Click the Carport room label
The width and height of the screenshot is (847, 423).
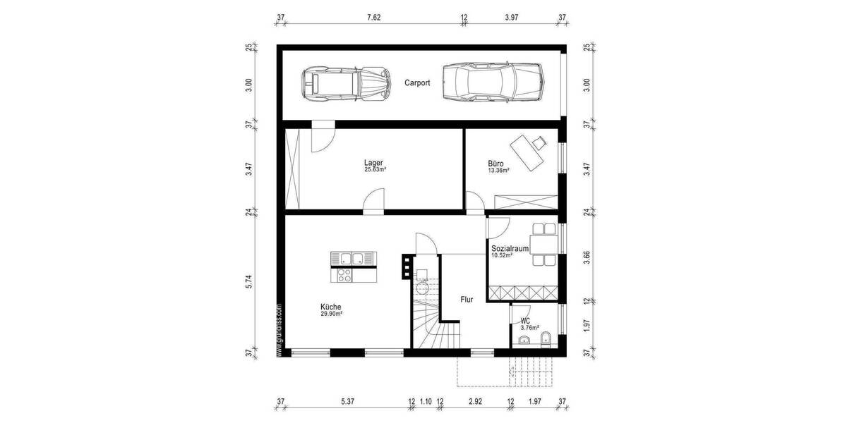click(x=417, y=82)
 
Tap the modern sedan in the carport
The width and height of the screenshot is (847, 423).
click(x=493, y=82)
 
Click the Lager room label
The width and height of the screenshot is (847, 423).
click(x=374, y=162)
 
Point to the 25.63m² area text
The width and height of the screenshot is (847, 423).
click(x=374, y=170)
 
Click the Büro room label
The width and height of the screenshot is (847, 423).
click(x=496, y=162)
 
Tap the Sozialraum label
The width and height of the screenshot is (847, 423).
click(x=510, y=248)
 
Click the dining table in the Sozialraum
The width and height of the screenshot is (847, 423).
click(x=544, y=245)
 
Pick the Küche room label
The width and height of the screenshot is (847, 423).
click(x=331, y=307)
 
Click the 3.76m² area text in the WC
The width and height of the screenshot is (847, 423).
click(x=529, y=328)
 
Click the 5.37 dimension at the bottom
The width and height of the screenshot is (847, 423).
click(x=347, y=402)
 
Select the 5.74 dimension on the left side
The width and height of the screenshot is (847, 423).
click(x=248, y=282)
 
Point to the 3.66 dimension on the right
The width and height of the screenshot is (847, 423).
click(x=587, y=258)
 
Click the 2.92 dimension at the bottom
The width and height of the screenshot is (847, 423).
click(x=475, y=402)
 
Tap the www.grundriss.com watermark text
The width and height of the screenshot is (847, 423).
click(x=280, y=331)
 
